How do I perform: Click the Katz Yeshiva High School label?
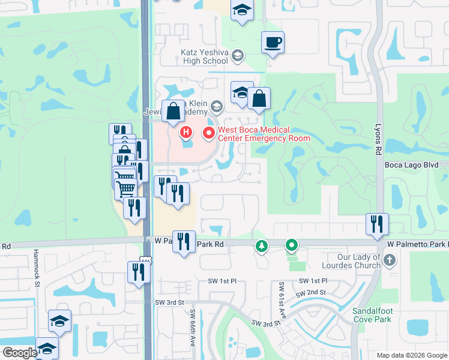click(x=204, y=56)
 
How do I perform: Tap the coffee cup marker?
click(x=273, y=43)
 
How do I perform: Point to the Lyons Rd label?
click(x=379, y=139)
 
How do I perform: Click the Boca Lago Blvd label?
click(x=415, y=165)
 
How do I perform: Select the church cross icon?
click(x=390, y=260)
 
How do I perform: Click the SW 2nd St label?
click(x=310, y=293)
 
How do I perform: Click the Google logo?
click(x=20, y=353)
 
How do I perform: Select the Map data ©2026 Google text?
click(x=411, y=355)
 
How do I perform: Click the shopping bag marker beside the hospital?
click(x=173, y=111)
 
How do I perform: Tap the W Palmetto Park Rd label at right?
click(x=417, y=244)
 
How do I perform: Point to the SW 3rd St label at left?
click(x=167, y=302)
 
